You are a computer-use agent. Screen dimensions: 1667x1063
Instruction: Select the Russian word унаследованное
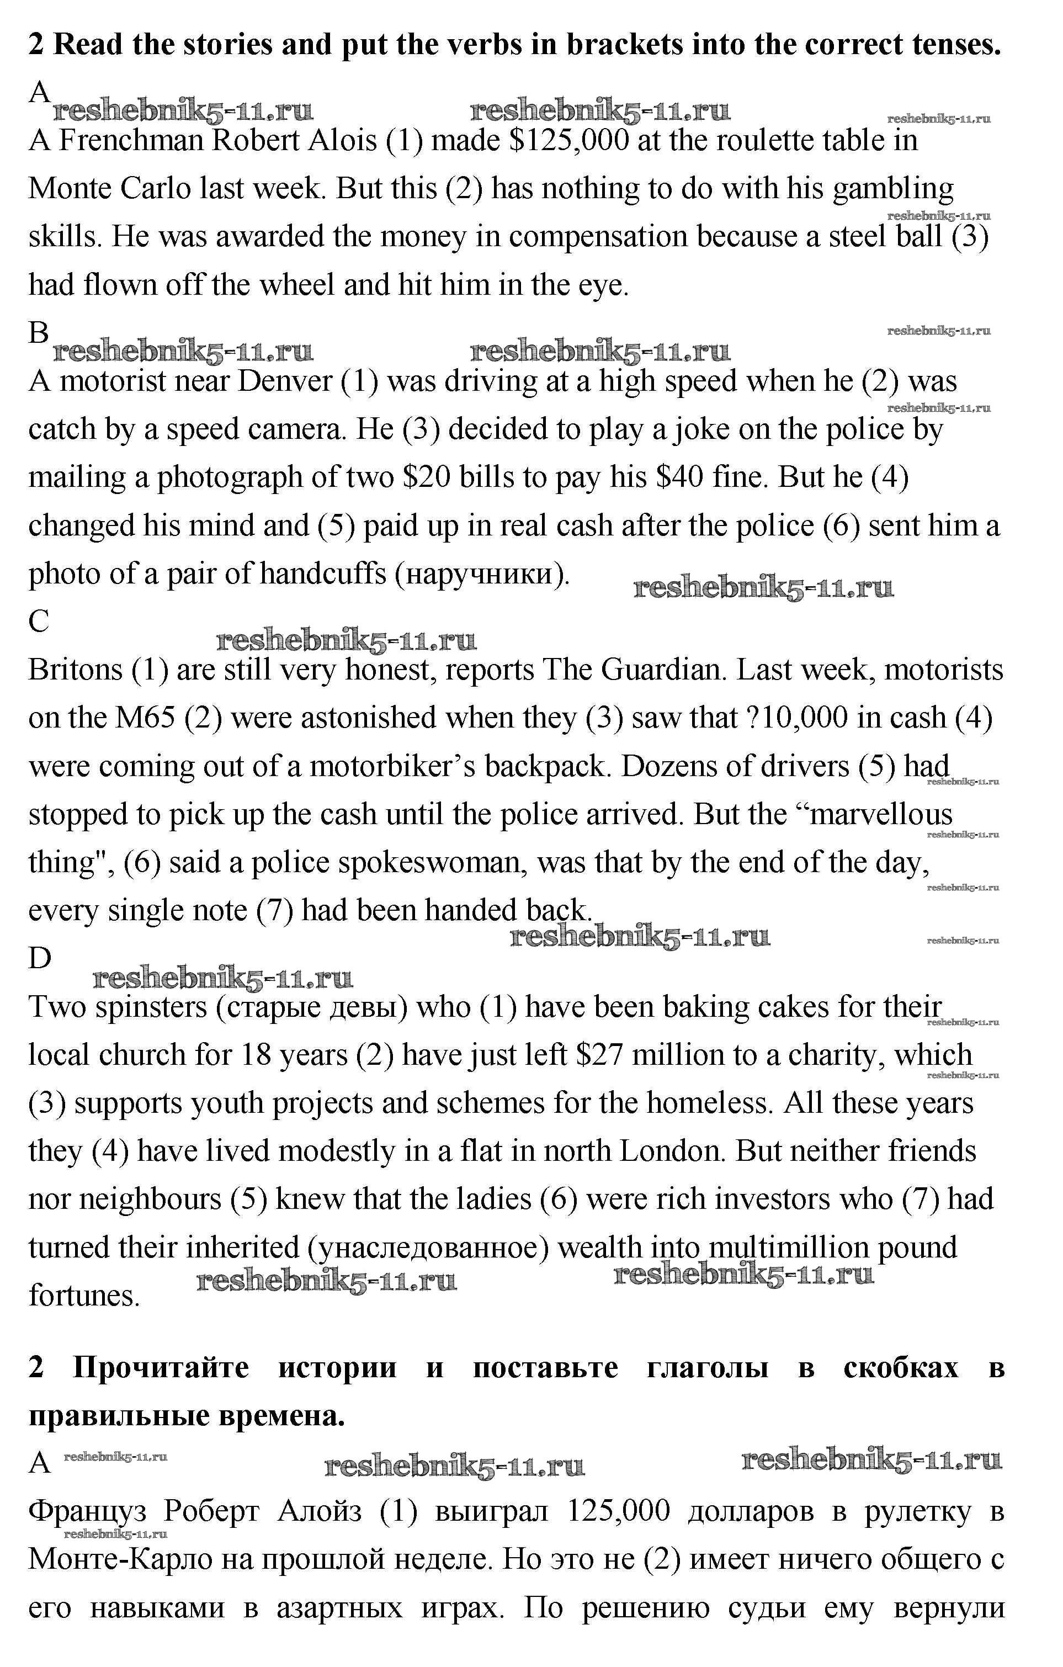click(x=426, y=1247)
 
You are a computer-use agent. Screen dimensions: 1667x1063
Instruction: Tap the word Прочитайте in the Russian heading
click(x=161, y=1368)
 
